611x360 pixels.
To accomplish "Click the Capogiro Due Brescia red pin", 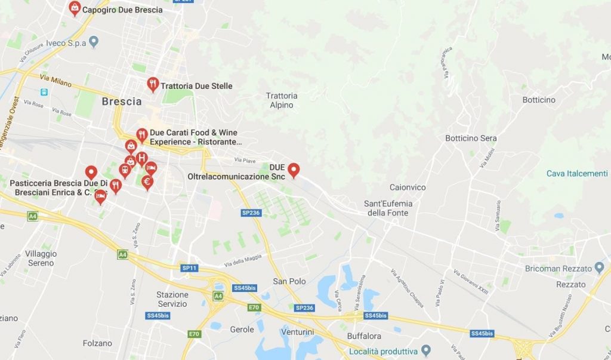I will click(x=75, y=8).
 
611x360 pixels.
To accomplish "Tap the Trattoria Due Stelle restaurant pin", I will click(x=153, y=84).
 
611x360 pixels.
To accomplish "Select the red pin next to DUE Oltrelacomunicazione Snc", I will click(x=294, y=170).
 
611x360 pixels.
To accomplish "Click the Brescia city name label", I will click(x=122, y=101).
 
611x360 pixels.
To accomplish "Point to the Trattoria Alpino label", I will click(x=282, y=100).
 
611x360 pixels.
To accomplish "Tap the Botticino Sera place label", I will click(x=471, y=139).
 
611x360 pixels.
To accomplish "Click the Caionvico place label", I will click(x=408, y=187).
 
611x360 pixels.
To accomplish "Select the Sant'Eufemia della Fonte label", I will click(x=388, y=208).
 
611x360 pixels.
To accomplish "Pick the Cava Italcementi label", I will click(x=577, y=173).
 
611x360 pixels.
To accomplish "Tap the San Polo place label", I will click(x=289, y=281).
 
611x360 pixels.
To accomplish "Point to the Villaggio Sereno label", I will click(x=41, y=259).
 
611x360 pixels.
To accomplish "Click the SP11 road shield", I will click(x=189, y=268).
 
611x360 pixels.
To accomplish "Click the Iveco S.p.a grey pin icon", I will click(x=94, y=42).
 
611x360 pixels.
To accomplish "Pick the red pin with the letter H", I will click(x=141, y=158).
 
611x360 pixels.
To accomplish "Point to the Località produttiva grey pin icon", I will click(x=425, y=349).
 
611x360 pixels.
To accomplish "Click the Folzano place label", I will click(x=98, y=343).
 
